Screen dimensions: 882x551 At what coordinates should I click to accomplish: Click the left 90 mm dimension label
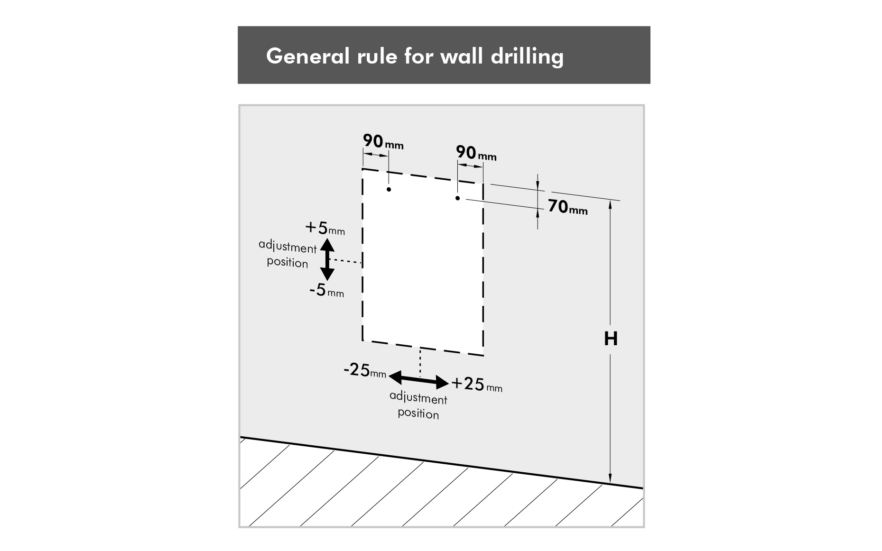(x=383, y=141)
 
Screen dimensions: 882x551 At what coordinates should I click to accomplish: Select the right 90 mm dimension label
(x=476, y=153)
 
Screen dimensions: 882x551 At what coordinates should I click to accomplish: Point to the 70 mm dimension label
(x=568, y=207)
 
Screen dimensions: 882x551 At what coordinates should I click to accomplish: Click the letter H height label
(x=611, y=339)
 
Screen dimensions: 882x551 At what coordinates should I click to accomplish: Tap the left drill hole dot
(x=389, y=190)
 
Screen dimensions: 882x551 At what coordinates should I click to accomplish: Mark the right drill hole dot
(x=457, y=198)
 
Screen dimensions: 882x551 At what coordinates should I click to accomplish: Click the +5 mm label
(x=325, y=229)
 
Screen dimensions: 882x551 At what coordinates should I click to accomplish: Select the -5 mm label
(x=327, y=290)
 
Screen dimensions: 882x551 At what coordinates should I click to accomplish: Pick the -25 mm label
(x=365, y=370)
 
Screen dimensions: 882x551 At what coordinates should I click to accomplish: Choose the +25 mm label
(x=477, y=384)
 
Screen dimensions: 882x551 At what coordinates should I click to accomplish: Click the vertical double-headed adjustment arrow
(x=327, y=260)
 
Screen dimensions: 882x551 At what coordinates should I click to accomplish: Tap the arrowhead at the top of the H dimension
(x=611, y=205)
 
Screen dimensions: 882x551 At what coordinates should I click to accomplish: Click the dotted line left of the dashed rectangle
(x=346, y=261)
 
